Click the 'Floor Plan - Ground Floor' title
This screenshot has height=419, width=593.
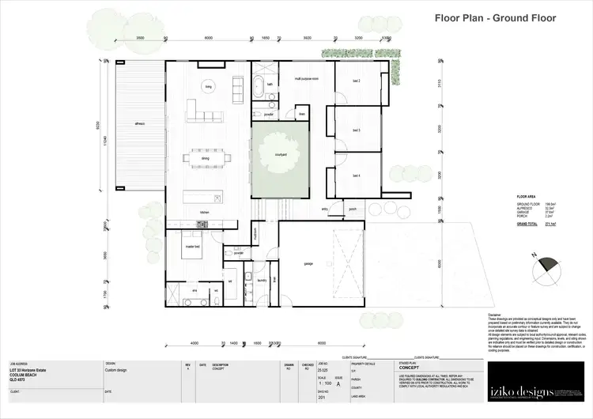[x=496, y=17]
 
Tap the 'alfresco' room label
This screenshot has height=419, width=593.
[x=138, y=124]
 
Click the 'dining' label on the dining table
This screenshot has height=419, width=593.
[x=205, y=158]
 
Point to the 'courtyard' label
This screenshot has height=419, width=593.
[x=280, y=155]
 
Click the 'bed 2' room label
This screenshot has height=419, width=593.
[x=356, y=81]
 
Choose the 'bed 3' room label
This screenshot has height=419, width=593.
[x=356, y=130]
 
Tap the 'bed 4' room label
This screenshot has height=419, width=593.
[x=356, y=176]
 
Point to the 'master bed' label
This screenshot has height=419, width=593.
[x=191, y=247]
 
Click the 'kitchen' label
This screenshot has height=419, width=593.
[x=203, y=213]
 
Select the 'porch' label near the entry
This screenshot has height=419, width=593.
[x=352, y=209]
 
